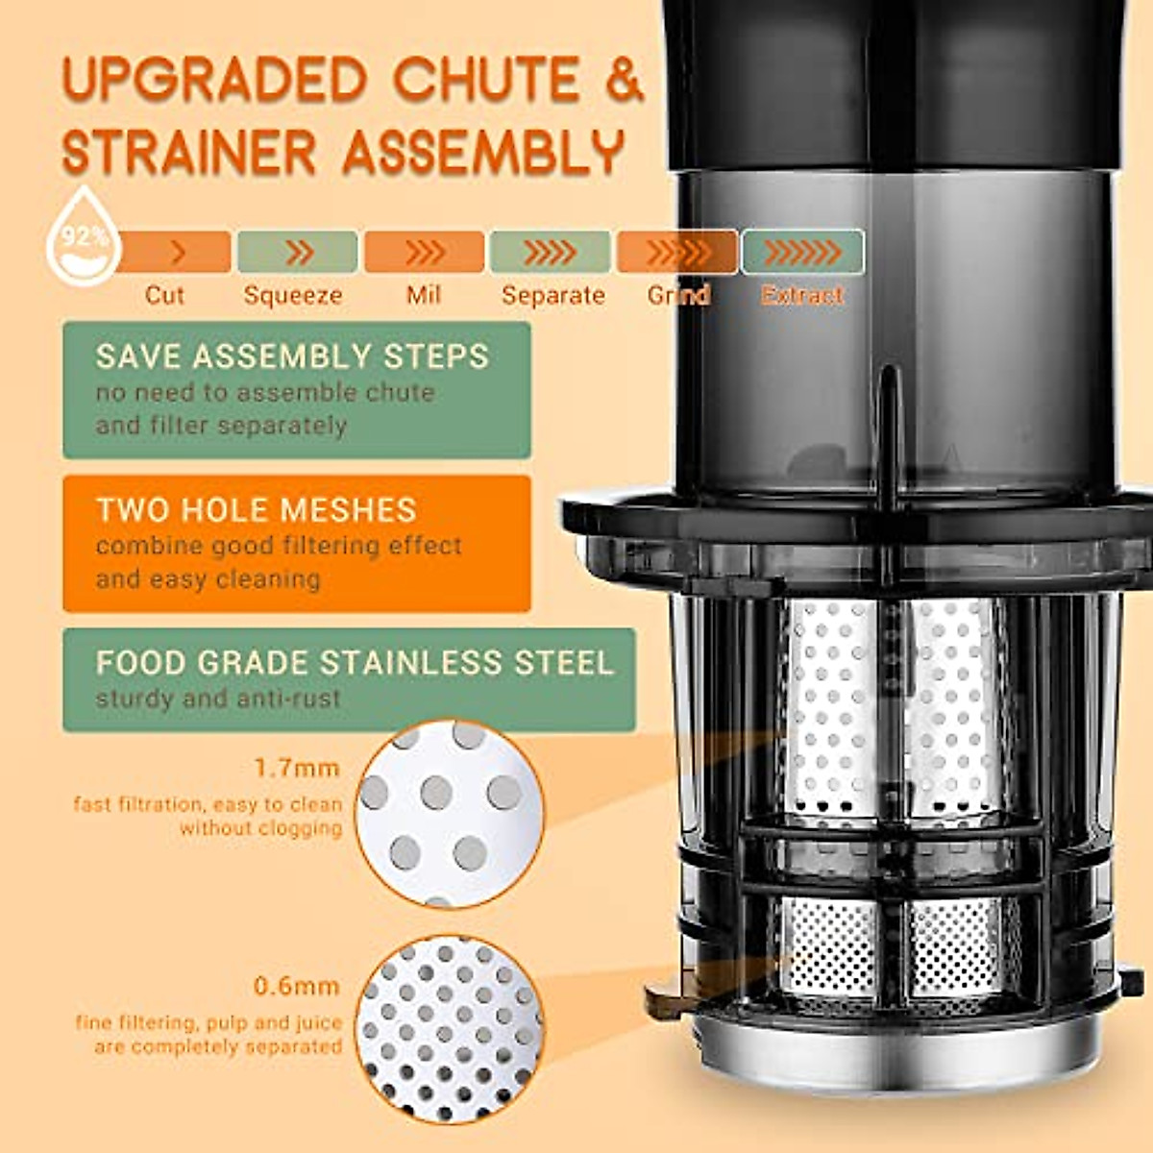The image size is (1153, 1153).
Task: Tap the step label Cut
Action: coord(163,295)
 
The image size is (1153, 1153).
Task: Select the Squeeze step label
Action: coord(293,295)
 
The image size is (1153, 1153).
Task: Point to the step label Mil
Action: coord(423,295)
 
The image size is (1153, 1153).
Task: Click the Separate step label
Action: coord(553,295)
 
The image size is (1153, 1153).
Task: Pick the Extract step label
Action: coord(801,295)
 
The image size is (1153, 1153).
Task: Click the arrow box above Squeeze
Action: coord(297,252)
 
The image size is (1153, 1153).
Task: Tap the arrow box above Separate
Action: coord(550,252)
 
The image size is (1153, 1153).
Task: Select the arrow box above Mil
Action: coord(424,252)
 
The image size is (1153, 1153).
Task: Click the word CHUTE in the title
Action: coord(486,79)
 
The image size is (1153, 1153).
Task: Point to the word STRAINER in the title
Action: coord(189,152)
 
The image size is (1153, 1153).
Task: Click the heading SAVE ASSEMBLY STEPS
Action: coord(292,356)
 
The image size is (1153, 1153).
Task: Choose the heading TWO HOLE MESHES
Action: coord(256,509)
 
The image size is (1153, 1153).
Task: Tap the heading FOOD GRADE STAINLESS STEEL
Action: coord(354,662)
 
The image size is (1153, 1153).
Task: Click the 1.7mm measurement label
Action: coord(297,768)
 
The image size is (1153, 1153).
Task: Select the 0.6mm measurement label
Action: coord(297,986)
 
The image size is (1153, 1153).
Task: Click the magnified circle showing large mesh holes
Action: coord(449,814)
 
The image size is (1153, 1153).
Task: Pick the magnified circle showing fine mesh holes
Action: coord(449,1030)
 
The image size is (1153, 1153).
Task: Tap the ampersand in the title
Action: coord(624,79)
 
